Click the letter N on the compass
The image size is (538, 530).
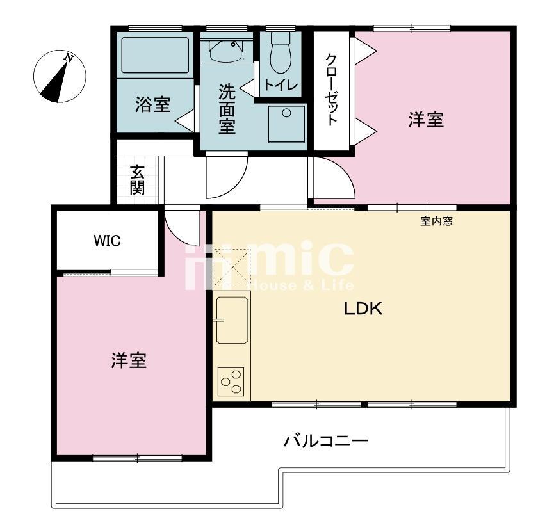point(69,58)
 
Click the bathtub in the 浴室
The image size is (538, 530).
point(155,55)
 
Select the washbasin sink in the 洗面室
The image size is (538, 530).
point(225,51)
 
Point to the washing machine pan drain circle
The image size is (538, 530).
point(286,113)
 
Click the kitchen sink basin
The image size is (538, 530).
point(232,320)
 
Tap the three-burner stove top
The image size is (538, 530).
point(231,381)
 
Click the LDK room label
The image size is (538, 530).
point(363,309)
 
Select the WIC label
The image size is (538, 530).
point(108,241)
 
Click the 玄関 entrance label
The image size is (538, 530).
point(137,180)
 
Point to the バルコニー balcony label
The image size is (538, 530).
point(326,440)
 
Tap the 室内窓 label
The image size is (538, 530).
point(436,221)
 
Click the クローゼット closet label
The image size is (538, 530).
point(331,89)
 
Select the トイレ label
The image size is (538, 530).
point(281,84)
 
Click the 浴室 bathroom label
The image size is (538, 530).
point(153,104)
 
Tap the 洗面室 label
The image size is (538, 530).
point(227,109)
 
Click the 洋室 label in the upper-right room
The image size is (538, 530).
point(426,120)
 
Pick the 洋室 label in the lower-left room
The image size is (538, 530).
point(129,360)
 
